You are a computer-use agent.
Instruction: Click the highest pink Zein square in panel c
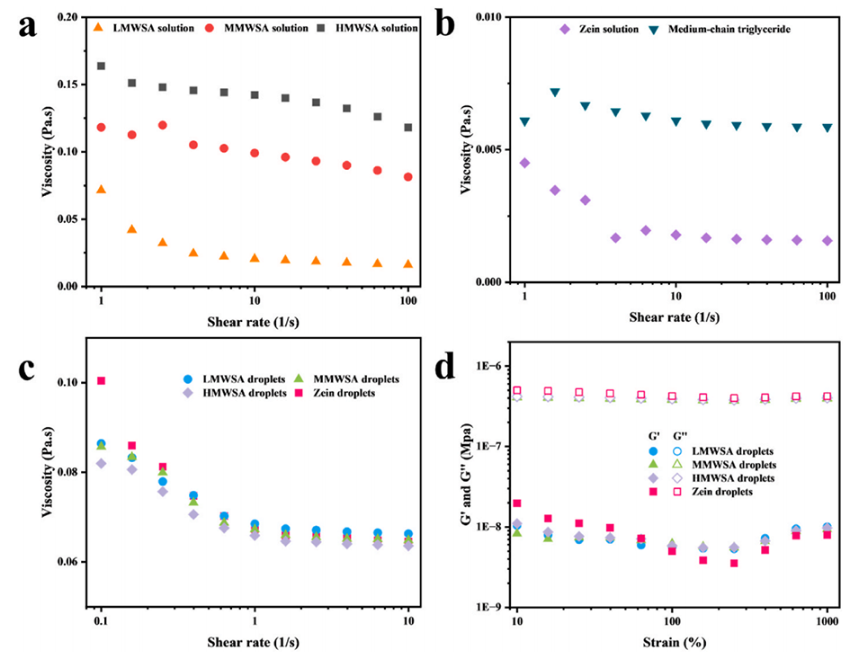point(102,381)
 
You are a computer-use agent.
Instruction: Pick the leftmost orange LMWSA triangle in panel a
point(102,190)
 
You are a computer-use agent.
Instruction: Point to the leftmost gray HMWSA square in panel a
point(102,67)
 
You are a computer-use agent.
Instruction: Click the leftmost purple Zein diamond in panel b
point(524,163)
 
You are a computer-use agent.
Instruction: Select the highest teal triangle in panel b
point(555,93)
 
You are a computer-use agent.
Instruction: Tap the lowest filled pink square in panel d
point(734,564)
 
